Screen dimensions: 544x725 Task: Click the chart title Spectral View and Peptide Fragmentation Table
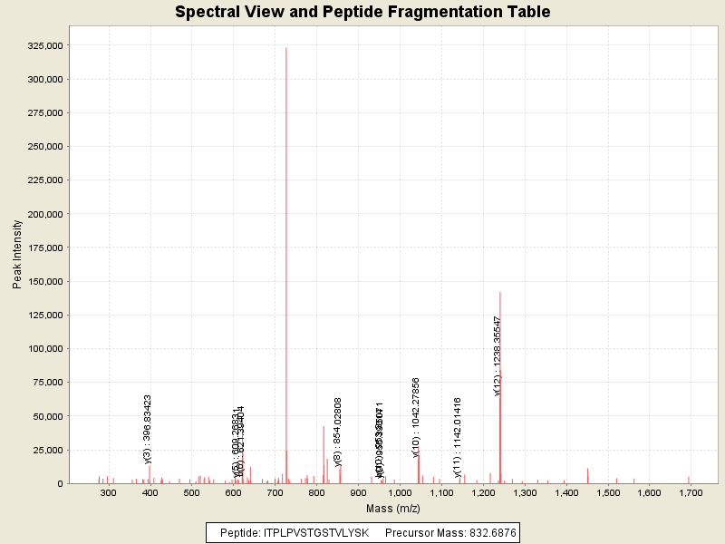(362, 12)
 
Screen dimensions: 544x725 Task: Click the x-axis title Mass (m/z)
(392, 509)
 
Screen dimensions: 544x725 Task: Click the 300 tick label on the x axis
(109, 493)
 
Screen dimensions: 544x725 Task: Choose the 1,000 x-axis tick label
(400, 493)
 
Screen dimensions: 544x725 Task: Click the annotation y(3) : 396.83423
(148, 429)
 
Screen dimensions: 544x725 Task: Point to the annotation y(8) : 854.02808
(338, 432)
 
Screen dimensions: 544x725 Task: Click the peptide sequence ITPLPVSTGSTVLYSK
(316, 533)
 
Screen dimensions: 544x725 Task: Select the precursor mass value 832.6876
(489, 533)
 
